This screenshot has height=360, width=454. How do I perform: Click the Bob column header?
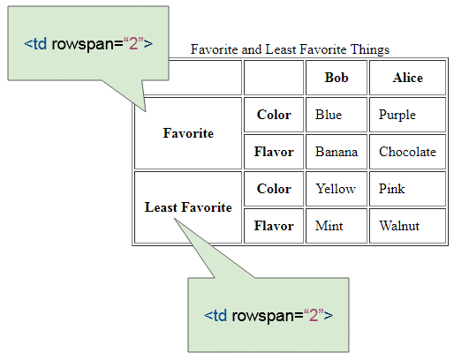click(x=337, y=78)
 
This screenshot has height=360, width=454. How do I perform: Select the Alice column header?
click(x=408, y=78)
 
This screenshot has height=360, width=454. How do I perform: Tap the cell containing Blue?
click(x=337, y=115)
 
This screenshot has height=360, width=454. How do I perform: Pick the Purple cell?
click(x=408, y=115)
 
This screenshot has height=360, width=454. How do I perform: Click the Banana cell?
click(x=337, y=152)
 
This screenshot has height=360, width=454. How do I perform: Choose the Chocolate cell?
click(x=408, y=152)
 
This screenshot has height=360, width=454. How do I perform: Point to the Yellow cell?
click(x=337, y=189)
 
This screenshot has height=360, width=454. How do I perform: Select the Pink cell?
click(x=408, y=189)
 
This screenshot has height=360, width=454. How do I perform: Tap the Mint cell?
click(x=337, y=226)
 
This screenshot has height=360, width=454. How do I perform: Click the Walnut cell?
click(x=408, y=226)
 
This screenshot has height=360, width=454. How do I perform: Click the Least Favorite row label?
click(x=188, y=207)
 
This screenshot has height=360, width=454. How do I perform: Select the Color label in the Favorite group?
click(x=274, y=115)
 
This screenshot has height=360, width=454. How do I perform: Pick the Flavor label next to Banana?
click(x=274, y=152)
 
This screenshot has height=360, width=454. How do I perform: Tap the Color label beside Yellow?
click(x=274, y=189)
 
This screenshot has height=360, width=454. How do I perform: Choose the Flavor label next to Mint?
click(x=274, y=226)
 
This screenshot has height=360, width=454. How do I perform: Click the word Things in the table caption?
click(x=370, y=49)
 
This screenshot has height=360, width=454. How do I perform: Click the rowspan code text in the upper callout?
click(x=88, y=44)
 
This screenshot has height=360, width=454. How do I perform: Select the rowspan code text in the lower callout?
click(x=269, y=316)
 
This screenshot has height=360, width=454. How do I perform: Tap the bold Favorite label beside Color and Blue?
click(x=188, y=133)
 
